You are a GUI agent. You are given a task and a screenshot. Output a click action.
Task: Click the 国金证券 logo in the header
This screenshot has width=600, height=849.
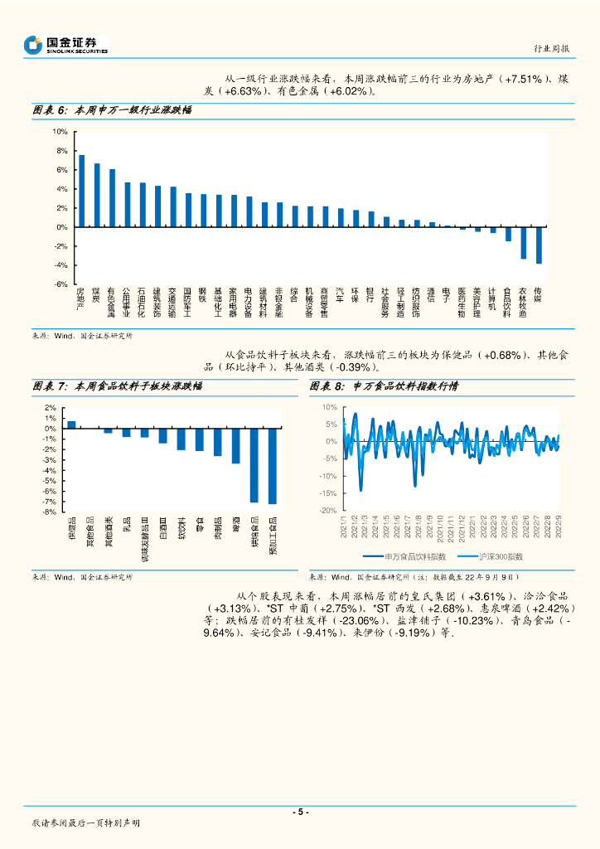click(65, 45)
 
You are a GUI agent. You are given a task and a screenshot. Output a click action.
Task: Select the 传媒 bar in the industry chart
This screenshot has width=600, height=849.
click(539, 245)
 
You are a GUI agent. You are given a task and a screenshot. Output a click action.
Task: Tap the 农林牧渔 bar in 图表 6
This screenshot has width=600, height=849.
click(523, 242)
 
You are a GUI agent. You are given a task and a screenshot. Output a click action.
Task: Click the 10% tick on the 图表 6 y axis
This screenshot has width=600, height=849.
click(60, 132)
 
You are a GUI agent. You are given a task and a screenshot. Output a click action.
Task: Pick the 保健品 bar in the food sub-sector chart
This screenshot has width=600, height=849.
click(71, 424)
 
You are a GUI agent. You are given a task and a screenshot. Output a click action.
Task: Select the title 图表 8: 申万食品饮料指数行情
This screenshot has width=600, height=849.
click(385, 386)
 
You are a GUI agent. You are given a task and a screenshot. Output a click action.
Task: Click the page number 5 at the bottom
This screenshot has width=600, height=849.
click(300, 813)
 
